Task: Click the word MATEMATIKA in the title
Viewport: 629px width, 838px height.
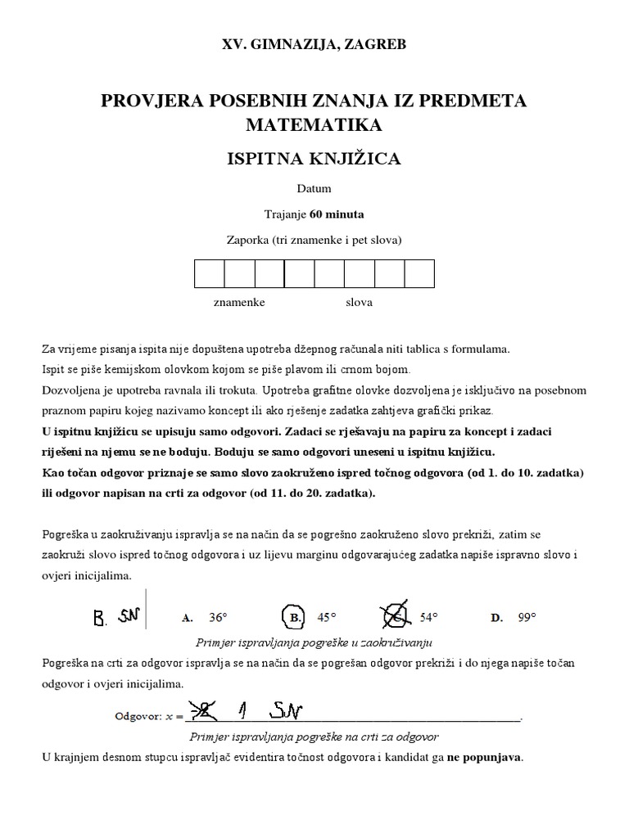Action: click(x=314, y=125)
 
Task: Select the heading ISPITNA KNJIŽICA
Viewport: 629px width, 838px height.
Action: click(x=314, y=159)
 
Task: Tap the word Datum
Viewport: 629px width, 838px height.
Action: click(x=314, y=189)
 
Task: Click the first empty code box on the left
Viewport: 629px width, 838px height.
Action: click(x=209, y=273)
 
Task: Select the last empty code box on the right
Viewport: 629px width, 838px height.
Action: click(x=419, y=273)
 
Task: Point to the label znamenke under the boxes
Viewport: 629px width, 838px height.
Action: click(x=239, y=303)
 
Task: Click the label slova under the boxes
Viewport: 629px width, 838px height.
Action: click(x=359, y=303)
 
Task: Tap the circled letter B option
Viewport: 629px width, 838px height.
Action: click(x=291, y=617)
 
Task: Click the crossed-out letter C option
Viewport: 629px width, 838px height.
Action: click(x=396, y=617)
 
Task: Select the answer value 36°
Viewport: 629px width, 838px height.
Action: click(x=217, y=618)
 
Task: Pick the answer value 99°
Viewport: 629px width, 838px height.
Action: click(x=527, y=618)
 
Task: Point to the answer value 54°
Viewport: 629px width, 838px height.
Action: click(x=429, y=618)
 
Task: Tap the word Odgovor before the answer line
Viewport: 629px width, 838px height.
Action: click(x=137, y=715)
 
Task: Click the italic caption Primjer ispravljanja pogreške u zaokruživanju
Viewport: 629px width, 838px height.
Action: click(x=314, y=642)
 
